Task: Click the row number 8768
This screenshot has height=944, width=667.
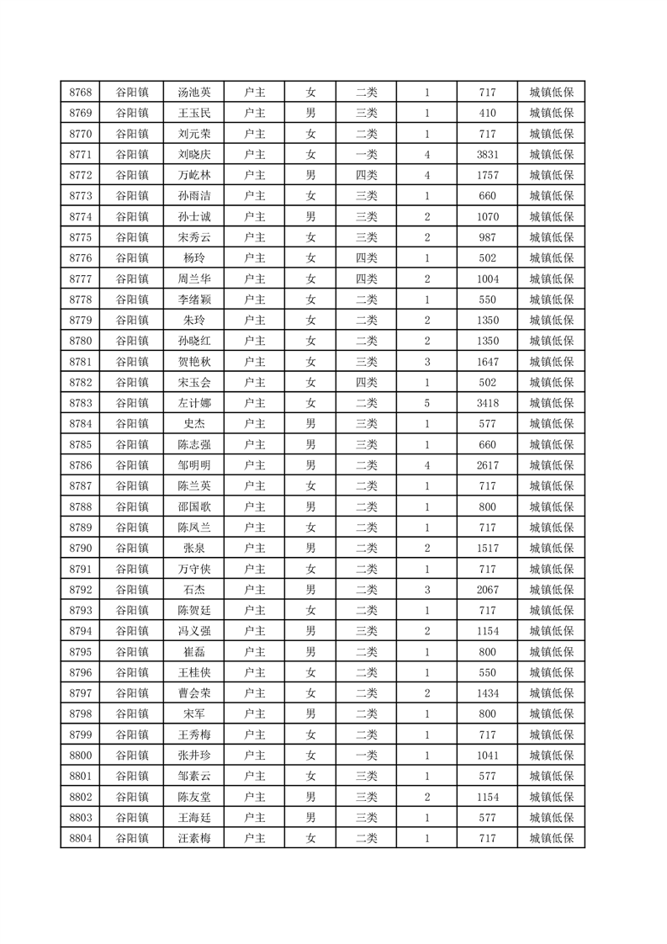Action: click(81, 93)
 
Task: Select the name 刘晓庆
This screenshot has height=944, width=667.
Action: click(194, 155)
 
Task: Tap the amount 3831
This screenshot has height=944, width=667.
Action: click(488, 155)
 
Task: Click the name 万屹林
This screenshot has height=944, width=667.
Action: click(194, 175)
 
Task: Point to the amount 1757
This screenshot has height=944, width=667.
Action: click(488, 175)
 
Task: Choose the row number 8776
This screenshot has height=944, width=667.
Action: click(81, 258)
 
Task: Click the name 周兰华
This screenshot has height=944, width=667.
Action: click(194, 278)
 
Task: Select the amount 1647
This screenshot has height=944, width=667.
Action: click(488, 362)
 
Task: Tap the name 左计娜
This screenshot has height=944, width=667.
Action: click(194, 403)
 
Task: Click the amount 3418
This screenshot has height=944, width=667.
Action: click(488, 403)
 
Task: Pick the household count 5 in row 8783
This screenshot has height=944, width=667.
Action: click(427, 403)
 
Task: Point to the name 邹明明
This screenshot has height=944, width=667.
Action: click(194, 465)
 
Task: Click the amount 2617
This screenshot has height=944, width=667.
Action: click(488, 465)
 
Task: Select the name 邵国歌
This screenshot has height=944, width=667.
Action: click(194, 506)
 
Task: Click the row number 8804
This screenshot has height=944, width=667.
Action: click(81, 838)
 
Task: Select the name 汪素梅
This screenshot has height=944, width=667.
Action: click(194, 838)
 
